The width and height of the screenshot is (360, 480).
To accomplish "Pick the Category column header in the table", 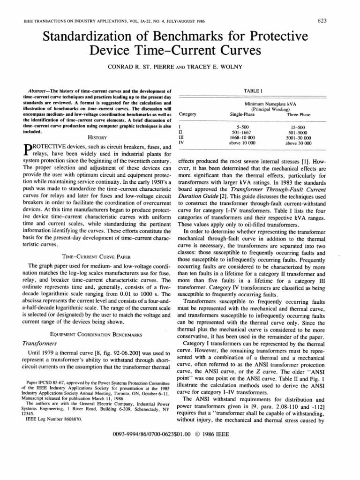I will pos(188,114).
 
